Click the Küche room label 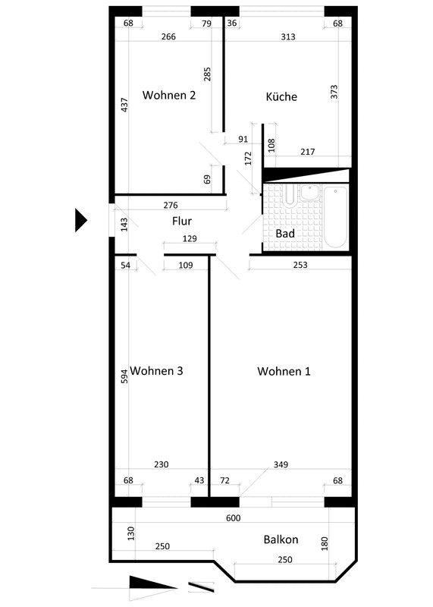tap(281, 96)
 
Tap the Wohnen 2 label tap(169, 95)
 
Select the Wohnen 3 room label tap(156, 371)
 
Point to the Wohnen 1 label tap(284, 371)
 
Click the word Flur tap(182, 221)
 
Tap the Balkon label tap(281, 539)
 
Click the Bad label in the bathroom tap(285, 234)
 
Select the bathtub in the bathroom tap(335, 217)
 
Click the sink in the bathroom tap(310, 193)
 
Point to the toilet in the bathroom tap(290, 195)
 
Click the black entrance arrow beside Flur tap(81, 220)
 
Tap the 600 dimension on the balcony tap(234, 518)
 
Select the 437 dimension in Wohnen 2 tap(124, 105)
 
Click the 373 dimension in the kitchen tap(334, 92)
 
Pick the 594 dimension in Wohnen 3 tap(124, 376)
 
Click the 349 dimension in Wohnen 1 tap(281, 464)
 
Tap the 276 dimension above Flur tap(171, 205)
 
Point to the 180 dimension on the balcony tap(325, 543)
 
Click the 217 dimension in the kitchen tap(308, 152)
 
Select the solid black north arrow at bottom tap(152, 583)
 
